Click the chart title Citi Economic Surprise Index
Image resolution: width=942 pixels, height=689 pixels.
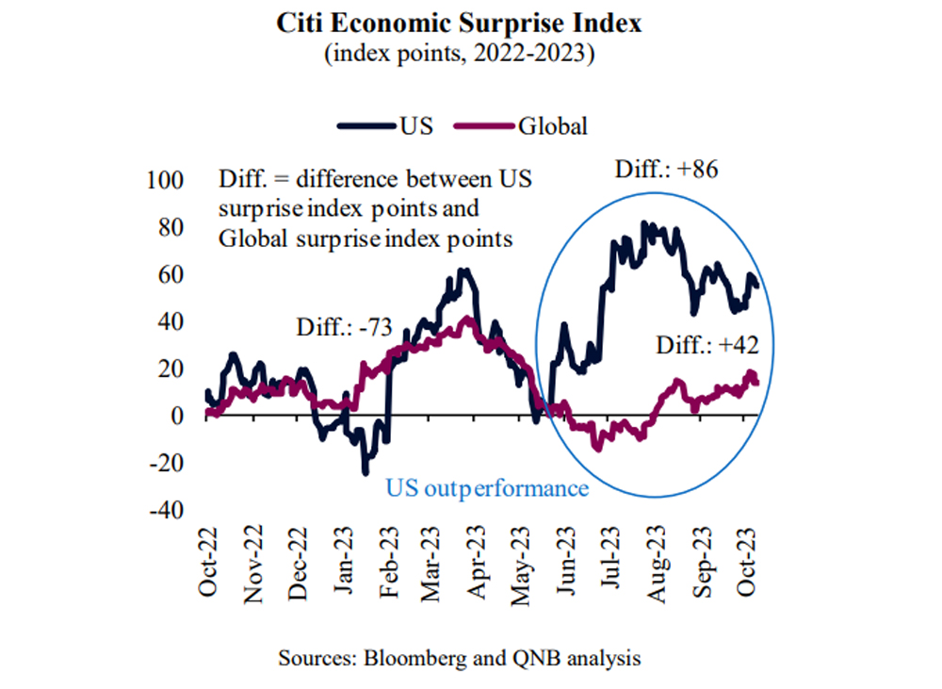coord(459,24)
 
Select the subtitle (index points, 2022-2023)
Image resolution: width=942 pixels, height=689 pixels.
coord(459,54)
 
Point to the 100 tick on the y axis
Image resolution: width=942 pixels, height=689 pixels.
coord(171,180)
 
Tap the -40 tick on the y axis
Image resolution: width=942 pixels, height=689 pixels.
coord(168,510)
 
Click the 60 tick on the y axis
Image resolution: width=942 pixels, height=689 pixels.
coord(175,274)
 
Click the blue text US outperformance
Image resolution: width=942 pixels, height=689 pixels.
coord(486,487)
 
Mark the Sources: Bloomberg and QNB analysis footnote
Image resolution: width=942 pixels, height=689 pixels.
coord(459,658)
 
